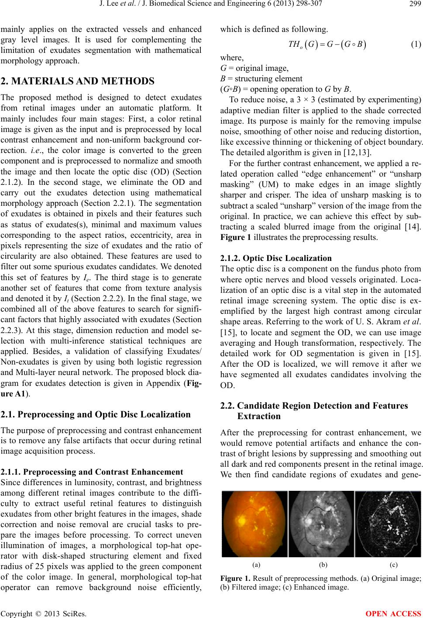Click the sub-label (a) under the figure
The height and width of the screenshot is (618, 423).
point(256,565)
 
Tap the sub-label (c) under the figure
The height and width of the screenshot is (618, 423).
point(394,565)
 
